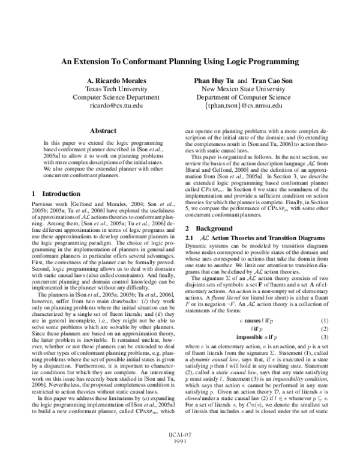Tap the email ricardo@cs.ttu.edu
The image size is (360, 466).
click(x=107, y=105)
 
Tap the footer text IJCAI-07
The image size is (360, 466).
click(x=179, y=450)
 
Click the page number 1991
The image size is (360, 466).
click(x=179, y=456)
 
